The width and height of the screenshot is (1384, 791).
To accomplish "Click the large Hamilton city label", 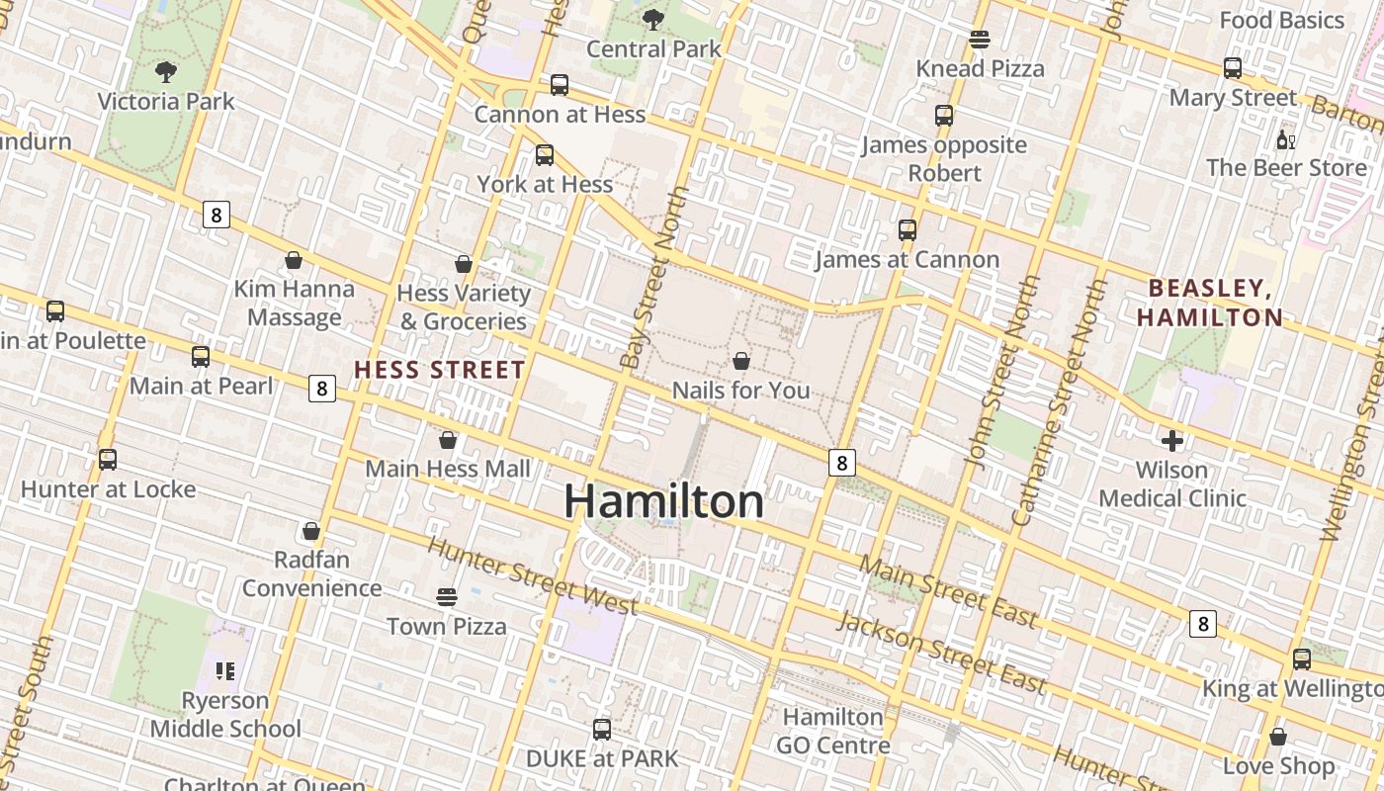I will (663, 501).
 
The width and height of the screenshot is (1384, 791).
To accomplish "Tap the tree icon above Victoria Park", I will (166, 71).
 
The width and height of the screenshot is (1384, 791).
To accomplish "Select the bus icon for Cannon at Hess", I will (560, 85).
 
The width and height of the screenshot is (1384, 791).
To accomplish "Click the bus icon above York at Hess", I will (545, 155).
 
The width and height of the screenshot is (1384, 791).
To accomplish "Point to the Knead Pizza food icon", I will (980, 40).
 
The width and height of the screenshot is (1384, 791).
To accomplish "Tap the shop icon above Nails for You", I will (741, 361).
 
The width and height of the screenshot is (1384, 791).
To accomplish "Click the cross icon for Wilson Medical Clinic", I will (1172, 440).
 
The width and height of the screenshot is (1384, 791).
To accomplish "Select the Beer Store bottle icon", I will (1285, 139).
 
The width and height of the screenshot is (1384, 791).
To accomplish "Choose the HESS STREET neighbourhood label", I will (440, 371).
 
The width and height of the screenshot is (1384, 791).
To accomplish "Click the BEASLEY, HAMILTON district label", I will (1210, 303).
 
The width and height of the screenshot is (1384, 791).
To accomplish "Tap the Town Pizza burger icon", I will (447, 597).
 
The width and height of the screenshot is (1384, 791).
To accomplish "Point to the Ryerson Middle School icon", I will (225, 672).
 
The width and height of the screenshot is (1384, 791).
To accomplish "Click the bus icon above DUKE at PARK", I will (602, 730).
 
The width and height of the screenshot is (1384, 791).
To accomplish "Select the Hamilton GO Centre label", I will (832, 731).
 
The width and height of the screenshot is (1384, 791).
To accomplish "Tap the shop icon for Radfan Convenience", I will (311, 531).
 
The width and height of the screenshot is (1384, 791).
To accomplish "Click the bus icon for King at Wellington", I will (1302, 659).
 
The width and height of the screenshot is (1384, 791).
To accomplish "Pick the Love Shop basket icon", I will (1278, 737).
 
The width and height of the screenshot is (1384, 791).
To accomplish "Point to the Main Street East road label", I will (948, 590).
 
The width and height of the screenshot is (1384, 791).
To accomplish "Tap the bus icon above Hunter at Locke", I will (108, 460).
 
